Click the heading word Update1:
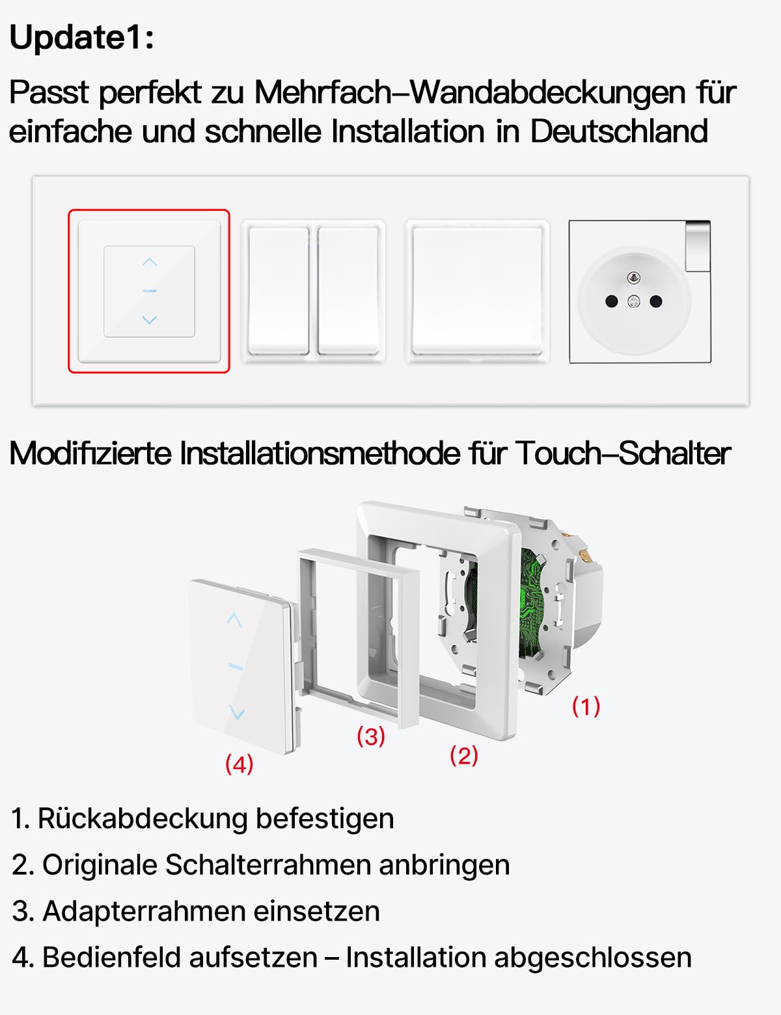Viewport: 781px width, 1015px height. point(82,37)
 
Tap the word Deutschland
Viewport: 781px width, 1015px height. point(618,131)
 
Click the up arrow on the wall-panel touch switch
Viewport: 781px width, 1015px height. point(150,262)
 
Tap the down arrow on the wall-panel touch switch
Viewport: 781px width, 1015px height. point(150,319)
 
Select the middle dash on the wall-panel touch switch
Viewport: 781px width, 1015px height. point(150,291)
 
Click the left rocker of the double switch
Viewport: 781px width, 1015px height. point(279,290)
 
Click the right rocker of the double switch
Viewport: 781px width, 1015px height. point(348,290)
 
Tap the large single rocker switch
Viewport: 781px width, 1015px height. point(477,290)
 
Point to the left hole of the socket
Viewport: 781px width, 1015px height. point(611,301)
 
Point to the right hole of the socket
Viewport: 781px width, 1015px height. point(656,301)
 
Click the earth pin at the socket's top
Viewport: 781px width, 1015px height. point(633,277)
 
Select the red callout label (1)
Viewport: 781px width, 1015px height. point(586,706)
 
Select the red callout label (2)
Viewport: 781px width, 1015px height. point(464,755)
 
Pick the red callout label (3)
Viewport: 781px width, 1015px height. point(371,736)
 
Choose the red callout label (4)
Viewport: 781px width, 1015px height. point(239,764)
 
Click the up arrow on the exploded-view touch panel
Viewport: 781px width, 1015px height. point(234,620)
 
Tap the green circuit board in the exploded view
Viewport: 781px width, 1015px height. point(532,602)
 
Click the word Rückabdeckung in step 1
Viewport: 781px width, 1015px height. point(143,819)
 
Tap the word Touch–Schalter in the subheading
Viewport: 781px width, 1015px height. point(623,453)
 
